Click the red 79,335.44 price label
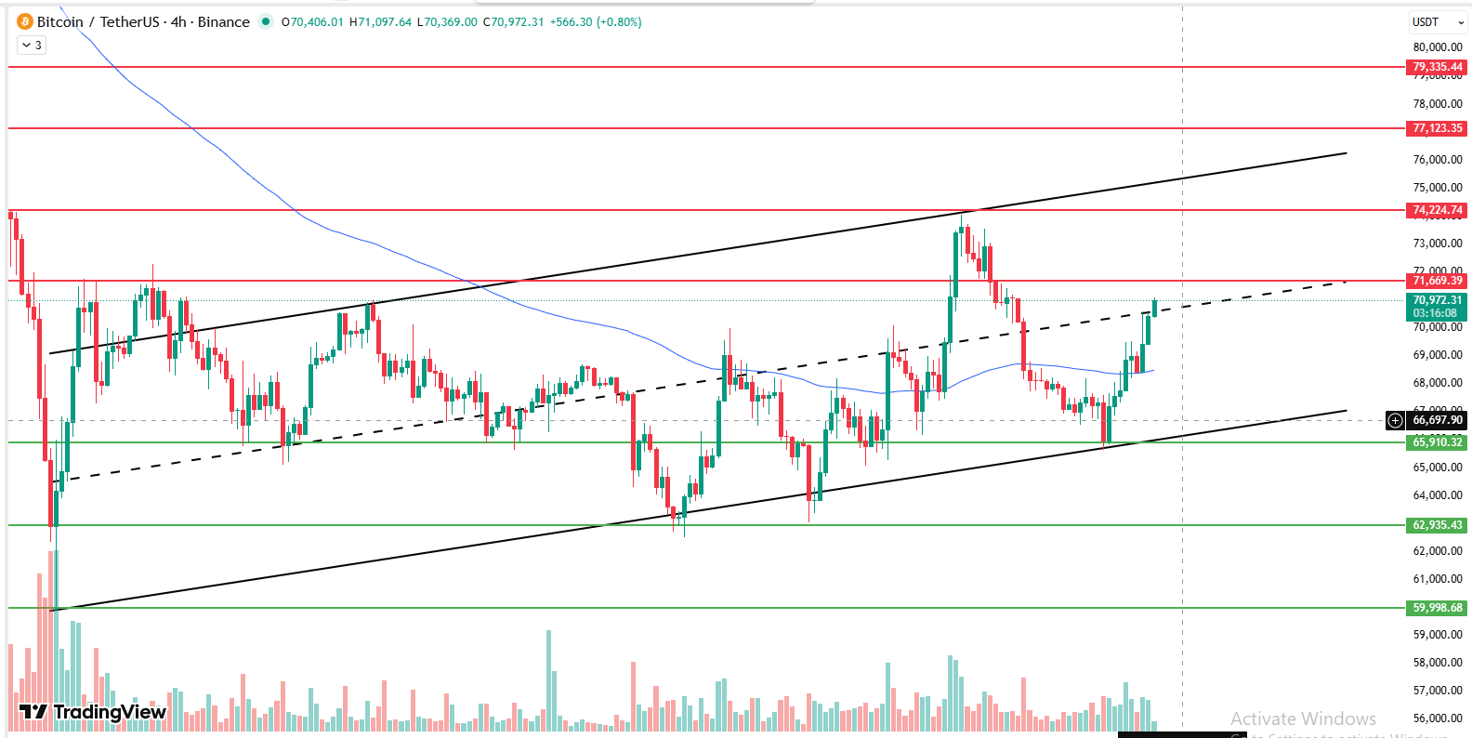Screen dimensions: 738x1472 1437,67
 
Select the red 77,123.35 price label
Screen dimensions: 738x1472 1437,128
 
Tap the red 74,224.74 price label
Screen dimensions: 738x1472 1437,210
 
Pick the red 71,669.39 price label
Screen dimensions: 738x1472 1437,281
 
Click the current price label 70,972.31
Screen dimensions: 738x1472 1437,300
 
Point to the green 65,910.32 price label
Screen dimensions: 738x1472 1437,442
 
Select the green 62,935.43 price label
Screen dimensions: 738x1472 1437,525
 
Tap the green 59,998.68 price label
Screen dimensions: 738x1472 1437,608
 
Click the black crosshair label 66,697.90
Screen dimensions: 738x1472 1437,420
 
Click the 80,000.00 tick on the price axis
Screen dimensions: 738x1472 1437,47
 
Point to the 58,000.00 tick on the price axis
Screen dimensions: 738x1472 1437,663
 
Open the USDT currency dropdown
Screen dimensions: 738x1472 1437,22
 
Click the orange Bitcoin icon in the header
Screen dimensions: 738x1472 24,21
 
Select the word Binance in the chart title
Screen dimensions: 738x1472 223,21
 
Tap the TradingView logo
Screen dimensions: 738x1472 93,712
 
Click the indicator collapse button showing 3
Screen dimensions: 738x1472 32,45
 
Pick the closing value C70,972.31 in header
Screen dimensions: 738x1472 513,21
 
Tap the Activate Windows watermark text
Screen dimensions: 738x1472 1303,718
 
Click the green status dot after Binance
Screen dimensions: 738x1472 266,21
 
